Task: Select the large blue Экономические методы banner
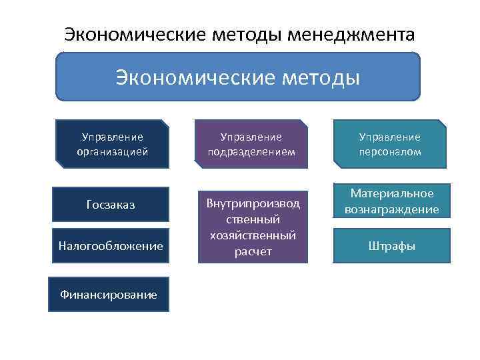pos(238,77)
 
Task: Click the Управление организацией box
pos(112,144)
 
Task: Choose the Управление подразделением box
pos(251,144)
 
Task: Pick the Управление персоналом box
pos(390,144)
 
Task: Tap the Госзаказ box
pos(111,205)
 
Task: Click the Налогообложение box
pos(111,246)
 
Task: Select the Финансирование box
pos(109,293)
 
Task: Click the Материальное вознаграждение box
pos(392,201)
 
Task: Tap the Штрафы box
pos(392,246)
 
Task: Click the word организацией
pos(112,151)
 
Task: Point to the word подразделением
pos(251,151)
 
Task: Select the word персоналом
pos(390,151)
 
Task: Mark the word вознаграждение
pos(392,209)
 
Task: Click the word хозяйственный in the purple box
pos(253,235)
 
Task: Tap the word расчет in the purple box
pos(253,251)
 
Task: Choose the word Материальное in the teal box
pos(392,193)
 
